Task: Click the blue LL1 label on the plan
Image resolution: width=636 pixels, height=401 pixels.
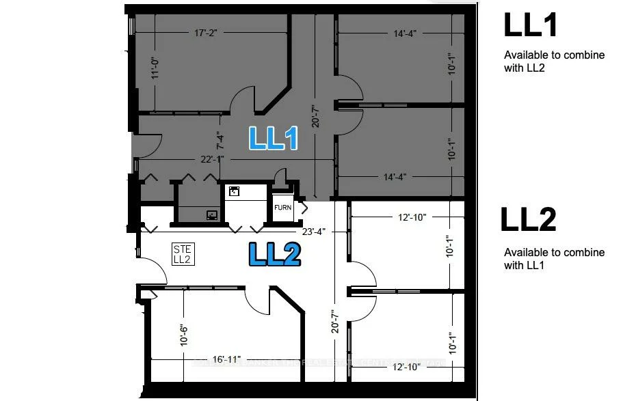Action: pyautogui.click(x=274, y=139)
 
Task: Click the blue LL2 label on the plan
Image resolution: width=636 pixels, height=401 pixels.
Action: pyautogui.click(x=274, y=255)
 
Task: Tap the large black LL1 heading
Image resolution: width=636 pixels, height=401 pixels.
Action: pyautogui.click(x=531, y=25)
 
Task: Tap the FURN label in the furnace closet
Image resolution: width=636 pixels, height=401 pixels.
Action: pyautogui.click(x=283, y=208)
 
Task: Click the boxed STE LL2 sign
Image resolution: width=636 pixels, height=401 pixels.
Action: pyautogui.click(x=182, y=255)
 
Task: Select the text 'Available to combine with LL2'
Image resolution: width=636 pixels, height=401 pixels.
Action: pyautogui.click(x=554, y=61)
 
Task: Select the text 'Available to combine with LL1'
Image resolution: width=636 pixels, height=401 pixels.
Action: pyautogui.click(x=554, y=259)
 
